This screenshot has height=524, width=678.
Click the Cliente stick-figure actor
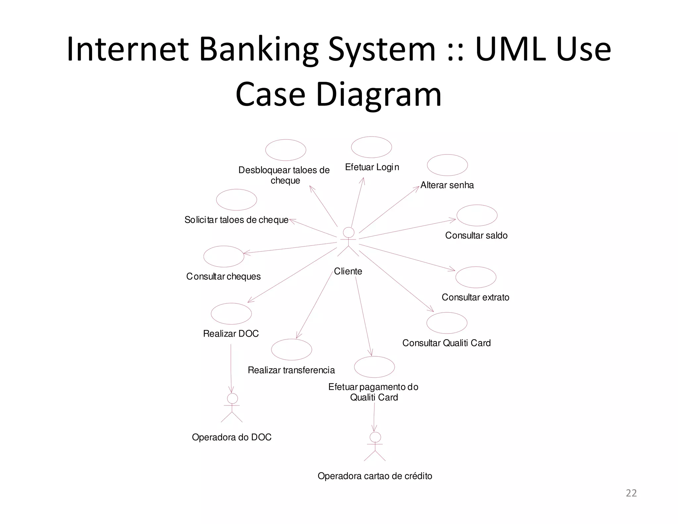[348, 241]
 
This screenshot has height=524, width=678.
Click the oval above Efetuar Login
[371, 147]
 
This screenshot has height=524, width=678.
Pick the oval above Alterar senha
[447, 165]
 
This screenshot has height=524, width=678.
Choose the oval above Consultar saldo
[477, 215]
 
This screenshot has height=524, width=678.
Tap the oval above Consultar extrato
[476, 277]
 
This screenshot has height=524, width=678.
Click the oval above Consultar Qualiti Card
[447, 323]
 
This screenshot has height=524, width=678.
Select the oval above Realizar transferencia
[291, 349]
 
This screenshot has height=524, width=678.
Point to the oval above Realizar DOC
[231, 314]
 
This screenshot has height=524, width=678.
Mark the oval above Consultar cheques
[224, 256]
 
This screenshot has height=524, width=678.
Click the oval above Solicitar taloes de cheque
[236, 200]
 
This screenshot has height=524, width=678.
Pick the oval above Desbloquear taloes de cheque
[285, 150]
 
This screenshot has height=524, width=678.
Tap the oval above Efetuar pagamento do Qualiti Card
[374, 367]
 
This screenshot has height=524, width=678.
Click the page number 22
[631, 493]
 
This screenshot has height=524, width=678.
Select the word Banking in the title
[258, 50]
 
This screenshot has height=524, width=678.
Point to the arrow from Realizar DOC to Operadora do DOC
[231, 368]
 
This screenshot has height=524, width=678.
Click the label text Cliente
[348, 271]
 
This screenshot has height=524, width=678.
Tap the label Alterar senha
[447, 185]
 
